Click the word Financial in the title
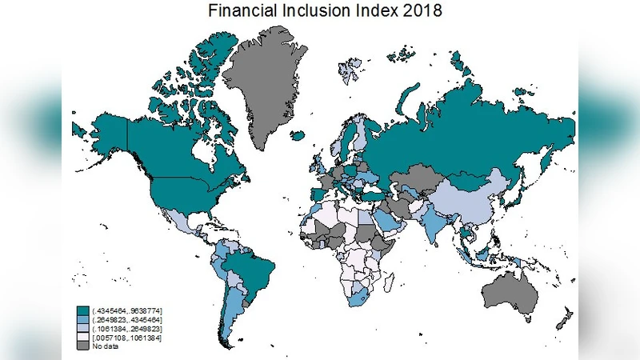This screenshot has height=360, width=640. [240, 11]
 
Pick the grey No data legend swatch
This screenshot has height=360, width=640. [82, 346]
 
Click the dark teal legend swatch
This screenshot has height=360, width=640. [82, 309]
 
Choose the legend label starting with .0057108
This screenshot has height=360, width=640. [127, 337]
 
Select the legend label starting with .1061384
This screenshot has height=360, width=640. [127, 327]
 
